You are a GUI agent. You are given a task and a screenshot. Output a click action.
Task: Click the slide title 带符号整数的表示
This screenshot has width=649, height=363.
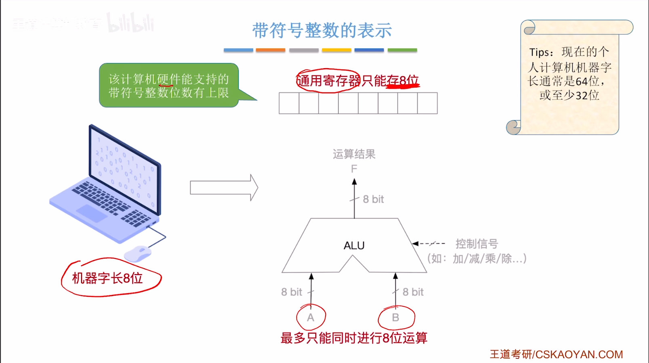click(x=322, y=31)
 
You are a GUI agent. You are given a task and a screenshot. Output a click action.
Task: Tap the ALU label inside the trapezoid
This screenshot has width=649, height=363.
click(x=354, y=245)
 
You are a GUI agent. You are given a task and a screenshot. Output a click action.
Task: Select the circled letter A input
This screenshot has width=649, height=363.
click(x=311, y=317)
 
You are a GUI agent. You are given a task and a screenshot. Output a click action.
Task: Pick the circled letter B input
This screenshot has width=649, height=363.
click(x=395, y=317)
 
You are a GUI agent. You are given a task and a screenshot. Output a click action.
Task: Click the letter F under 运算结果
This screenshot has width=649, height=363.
click(x=354, y=169)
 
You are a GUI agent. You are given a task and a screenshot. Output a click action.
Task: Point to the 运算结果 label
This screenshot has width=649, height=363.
click(x=354, y=154)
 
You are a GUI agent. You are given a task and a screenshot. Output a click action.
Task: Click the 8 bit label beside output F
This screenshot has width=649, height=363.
click(x=373, y=199)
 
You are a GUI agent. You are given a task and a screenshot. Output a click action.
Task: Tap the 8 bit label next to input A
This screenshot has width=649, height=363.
click(x=292, y=292)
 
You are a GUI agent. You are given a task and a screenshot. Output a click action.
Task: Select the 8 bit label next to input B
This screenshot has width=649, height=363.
click(x=413, y=292)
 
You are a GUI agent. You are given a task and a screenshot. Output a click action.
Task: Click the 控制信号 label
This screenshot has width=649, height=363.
click(x=477, y=244)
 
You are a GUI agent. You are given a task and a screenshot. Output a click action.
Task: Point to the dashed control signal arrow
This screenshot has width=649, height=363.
click(x=429, y=244)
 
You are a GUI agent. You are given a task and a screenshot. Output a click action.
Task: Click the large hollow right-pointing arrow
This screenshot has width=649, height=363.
click(x=224, y=188)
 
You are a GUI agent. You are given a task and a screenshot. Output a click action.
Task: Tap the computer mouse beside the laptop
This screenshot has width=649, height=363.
click(x=138, y=254)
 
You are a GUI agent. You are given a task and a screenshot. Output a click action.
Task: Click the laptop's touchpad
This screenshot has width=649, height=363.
click(x=92, y=213)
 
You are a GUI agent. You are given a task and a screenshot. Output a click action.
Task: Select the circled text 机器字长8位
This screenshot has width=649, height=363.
click(x=107, y=278)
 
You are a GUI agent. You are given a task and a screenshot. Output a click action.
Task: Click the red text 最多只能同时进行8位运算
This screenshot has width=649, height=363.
click(x=354, y=338)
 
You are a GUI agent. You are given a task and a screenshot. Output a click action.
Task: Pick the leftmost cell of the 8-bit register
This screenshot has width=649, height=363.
click(x=289, y=103)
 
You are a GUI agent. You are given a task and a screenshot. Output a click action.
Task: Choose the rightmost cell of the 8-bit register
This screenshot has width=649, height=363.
click(x=427, y=103)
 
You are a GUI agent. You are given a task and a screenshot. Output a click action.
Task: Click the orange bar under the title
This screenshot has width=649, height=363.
click(x=271, y=50)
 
